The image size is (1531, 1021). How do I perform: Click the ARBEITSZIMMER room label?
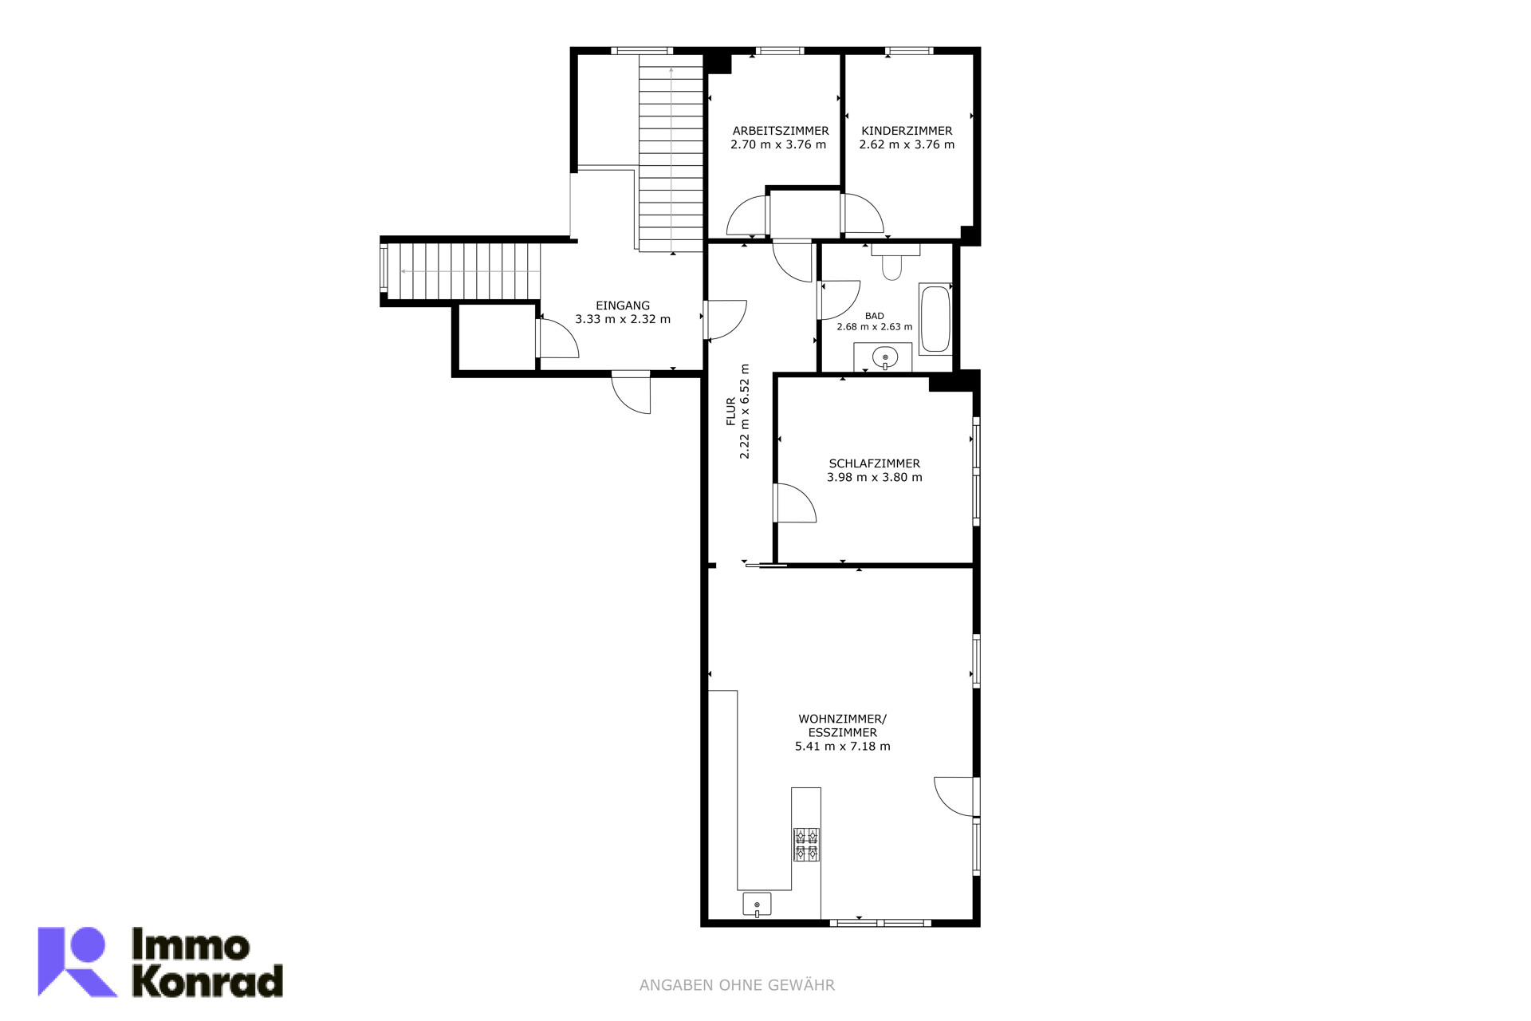(781, 131)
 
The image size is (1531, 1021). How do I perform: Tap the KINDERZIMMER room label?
(907, 131)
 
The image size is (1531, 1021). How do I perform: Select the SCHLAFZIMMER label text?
(875, 463)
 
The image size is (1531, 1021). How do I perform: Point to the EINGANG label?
(623, 306)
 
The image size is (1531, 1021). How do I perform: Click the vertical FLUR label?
(731, 412)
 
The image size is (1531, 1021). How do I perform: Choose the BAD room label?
(875, 316)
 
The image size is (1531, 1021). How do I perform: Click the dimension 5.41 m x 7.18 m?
(843, 747)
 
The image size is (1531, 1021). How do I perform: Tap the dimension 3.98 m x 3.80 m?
(875, 478)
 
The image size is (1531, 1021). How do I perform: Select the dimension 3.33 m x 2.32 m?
(623, 319)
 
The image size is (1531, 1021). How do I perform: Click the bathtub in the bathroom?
(935, 319)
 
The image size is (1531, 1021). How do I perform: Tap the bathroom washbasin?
(884, 357)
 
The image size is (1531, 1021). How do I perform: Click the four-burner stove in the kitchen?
(806, 845)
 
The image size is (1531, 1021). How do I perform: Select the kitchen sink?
(757, 905)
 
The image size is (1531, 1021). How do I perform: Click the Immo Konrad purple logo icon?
(77, 961)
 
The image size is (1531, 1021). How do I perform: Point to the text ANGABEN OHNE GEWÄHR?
(737, 986)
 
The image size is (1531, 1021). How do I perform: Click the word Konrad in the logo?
(207, 981)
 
